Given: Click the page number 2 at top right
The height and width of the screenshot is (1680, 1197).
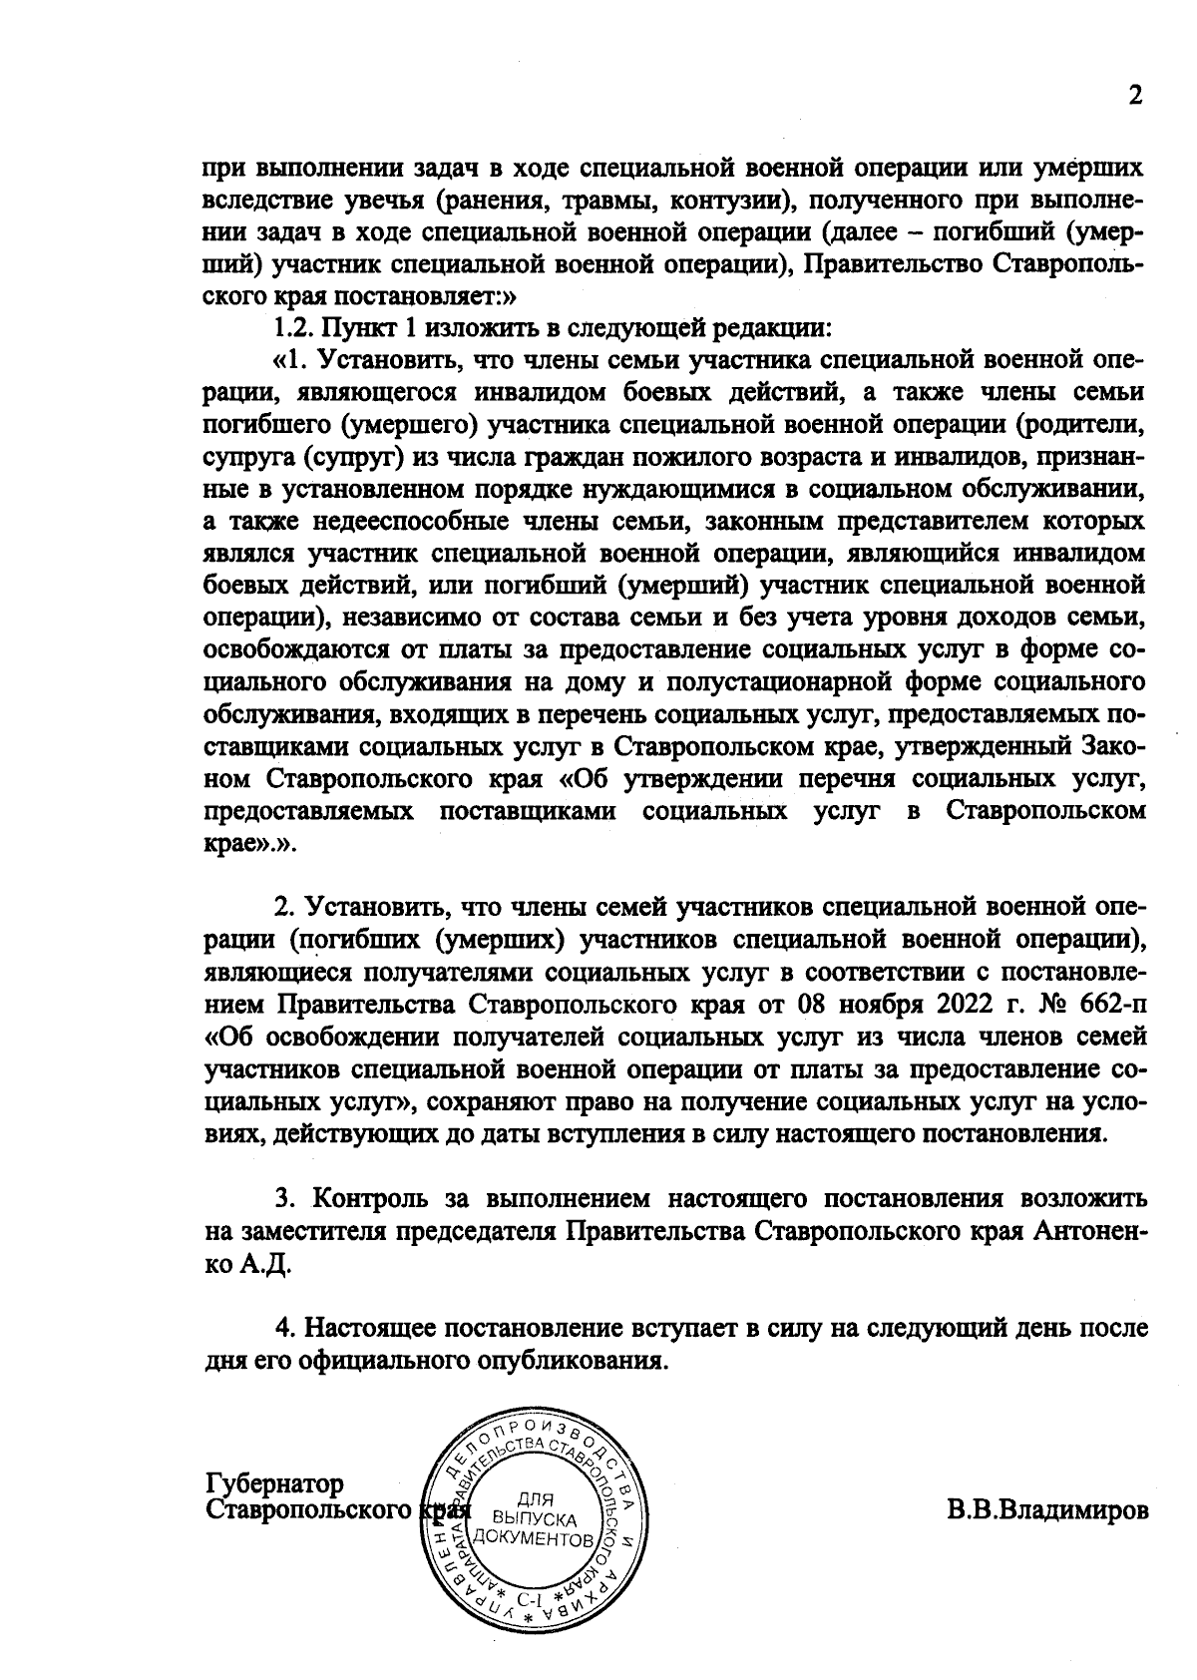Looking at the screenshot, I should (x=1133, y=96).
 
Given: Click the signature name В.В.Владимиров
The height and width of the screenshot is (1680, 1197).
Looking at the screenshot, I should (x=1046, y=1509).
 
